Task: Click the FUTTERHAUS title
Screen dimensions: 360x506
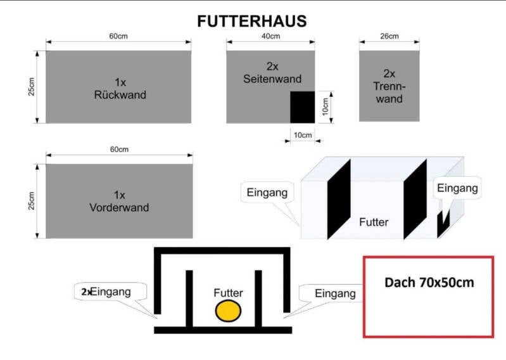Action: pyautogui.click(x=252, y=21)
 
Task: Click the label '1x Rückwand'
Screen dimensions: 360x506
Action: pyautogui.click(x=121, y=89)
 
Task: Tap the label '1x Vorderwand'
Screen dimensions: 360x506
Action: pyautogui.click(x=121, y=202)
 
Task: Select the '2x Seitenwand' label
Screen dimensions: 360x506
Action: pyautogui.click(x=272, y=72)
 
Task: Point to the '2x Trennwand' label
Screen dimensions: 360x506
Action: pyautogui.click(x=389, y=86)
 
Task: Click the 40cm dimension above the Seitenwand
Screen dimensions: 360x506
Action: pyautogui.click(x=270, y=37)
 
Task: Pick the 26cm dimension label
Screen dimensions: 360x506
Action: pyautogui.click(x=389, y=36)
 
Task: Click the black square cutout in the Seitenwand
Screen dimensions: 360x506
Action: pyautogui.click(x=302, y=106)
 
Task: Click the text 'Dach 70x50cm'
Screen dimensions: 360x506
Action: pyautogui.click(x=429, y=282)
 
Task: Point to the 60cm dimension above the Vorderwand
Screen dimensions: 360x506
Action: pyautogui.click(x=118, y=150)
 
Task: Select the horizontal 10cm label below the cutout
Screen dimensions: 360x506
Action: pyautogui.click(x=302, y=135)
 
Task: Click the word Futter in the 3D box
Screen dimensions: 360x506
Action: pyautogui.click(x=373, y=222)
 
